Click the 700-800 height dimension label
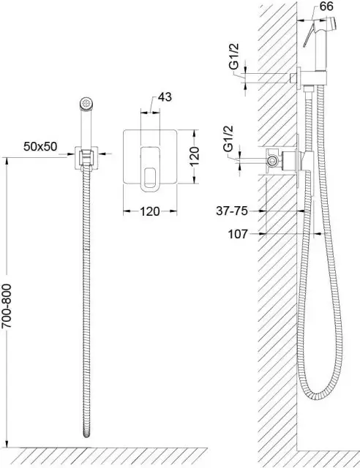click(x=7, y=306)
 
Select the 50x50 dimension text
click(x=40, y=146)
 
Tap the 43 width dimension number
click(x=165, y=97)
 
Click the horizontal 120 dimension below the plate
click(x=150, y=211)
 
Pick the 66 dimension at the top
click(x=326, y=6)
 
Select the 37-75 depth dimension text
click(x=232, y=211)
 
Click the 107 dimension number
click(x=238, y=234)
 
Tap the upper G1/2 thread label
click(x=235, y=56)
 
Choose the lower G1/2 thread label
click(x=229, y=139)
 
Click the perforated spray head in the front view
click(x=87, y=104)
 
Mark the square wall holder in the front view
click(x=86, y=158)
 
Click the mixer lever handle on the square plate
click(x=150, y=167)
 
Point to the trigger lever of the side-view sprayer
click(x=309, y=35)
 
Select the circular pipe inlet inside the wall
click(x=272, y=161)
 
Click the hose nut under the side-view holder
click(x=308, y=88)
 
